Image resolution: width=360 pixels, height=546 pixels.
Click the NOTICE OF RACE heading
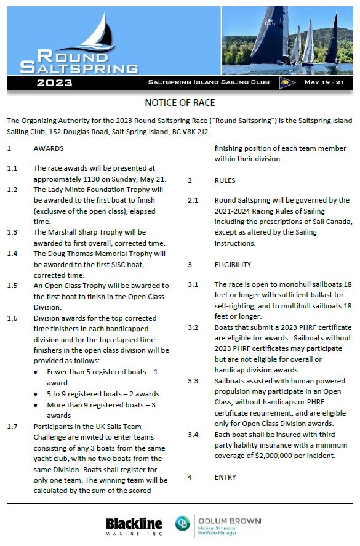(180, 102)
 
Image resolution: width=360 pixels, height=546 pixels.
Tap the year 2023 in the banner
(55, 82)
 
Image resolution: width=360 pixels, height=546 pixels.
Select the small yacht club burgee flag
(285, 82)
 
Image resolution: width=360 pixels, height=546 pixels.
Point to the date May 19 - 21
(326, 82)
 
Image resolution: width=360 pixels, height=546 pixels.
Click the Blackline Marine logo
(134, 525)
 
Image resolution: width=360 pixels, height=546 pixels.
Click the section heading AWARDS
(49, 149)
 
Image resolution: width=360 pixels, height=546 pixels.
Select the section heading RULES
(225, 181)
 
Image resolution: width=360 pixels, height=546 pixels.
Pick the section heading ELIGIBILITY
(233, 265)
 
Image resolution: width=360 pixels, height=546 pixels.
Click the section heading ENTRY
(225, 477)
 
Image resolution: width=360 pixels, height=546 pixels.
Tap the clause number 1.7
(12, 427)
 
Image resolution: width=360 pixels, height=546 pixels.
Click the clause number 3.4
(193, 435)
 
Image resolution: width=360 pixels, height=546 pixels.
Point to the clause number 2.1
(193, 200)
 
